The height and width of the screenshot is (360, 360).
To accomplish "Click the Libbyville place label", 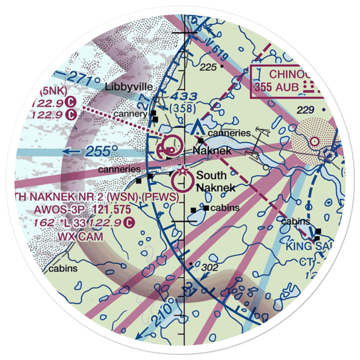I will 129,87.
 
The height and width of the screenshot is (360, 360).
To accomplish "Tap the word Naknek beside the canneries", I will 212,151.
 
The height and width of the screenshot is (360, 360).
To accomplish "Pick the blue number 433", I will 184,96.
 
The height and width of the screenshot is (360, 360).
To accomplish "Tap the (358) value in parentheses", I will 183,108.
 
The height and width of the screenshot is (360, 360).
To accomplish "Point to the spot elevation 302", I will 210,267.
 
